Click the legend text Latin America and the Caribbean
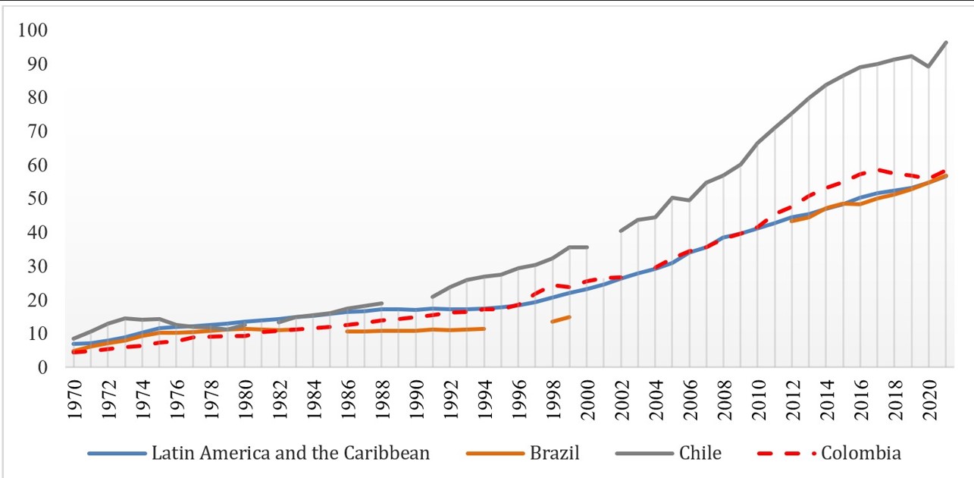coord(291,454)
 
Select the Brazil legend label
coord(556,454)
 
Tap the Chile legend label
coord(701,454)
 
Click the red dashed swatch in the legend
coord(789,454)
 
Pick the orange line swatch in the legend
coord(494,454)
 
